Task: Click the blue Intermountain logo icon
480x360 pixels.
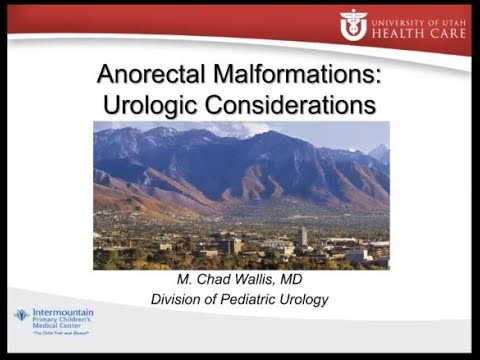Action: tap(20, 315)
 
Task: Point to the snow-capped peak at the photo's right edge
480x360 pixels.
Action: tap(380, 153)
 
